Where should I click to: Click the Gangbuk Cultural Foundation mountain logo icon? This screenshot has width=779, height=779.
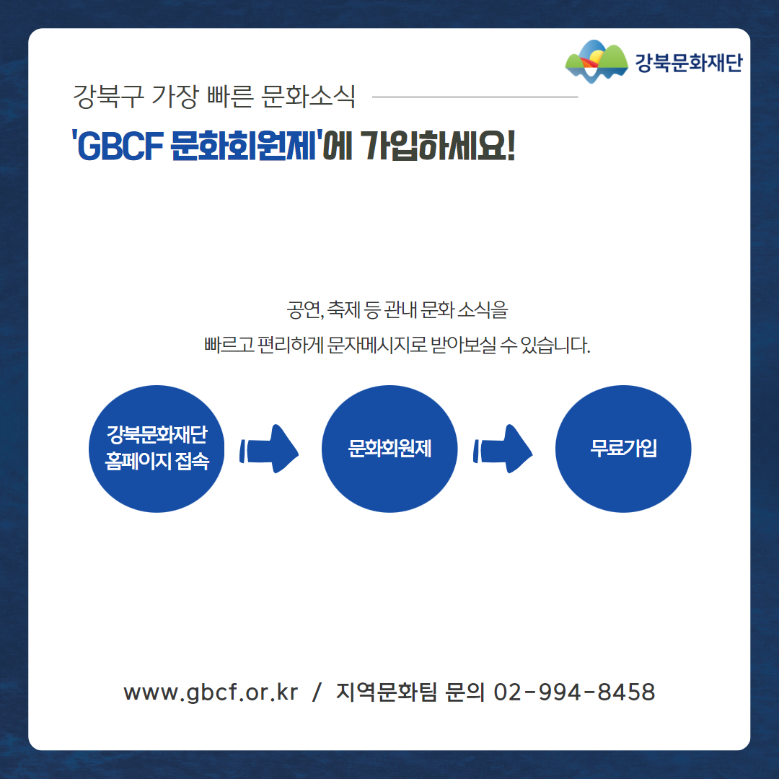pos(597,61)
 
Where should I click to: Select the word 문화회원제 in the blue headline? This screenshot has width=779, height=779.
pos(244,146)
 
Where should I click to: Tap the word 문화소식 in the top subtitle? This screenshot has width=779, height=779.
pos(308,96)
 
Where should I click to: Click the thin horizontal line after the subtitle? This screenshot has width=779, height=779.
pos(475,97)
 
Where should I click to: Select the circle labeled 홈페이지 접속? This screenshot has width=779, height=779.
pos(157,449)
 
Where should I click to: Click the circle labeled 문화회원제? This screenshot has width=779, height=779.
pos(389,449)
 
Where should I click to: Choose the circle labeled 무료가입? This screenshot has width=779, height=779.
pos(623,449)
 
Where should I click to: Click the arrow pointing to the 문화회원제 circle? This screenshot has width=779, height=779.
pos(269,449)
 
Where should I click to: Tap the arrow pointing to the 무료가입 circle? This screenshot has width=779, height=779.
pos(503,449)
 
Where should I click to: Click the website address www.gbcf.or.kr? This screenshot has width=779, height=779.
pos(211,692)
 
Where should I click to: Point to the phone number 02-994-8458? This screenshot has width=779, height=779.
pos(574,692)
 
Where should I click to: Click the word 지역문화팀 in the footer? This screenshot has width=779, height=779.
pos(386,692)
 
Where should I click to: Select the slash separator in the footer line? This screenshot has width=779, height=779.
pos(317,692)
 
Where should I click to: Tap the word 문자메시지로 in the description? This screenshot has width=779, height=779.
pos(377,345)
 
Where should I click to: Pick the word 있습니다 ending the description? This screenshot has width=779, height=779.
pos(555,345)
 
